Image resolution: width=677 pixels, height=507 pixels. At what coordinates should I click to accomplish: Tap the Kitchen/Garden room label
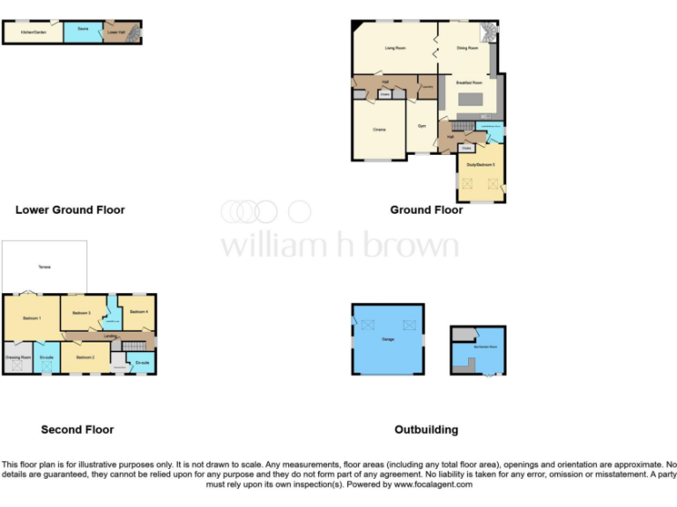(x=33, y=33)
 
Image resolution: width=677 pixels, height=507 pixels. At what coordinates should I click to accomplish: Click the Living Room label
(x=394, y=48)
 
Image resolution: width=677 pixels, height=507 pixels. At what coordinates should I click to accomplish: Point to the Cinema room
(x=378, y=129)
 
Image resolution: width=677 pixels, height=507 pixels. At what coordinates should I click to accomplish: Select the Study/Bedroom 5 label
(x=480, y=165)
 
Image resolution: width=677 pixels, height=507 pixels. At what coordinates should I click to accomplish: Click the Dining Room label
(x=467, y=48)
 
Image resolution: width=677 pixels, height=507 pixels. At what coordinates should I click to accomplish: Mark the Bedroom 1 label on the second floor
(x=33, y=318)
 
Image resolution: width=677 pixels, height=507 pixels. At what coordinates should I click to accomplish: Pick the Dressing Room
(x=18, y=357)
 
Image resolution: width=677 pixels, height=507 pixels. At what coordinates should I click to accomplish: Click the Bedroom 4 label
(x=139, y=312)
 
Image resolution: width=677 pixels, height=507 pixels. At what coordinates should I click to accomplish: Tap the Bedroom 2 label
(x=85, y=357)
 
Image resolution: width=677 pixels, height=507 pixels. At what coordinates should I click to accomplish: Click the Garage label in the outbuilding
(x=387, y=338)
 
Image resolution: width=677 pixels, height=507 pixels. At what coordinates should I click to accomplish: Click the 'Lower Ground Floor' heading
(x=70, y=210)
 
